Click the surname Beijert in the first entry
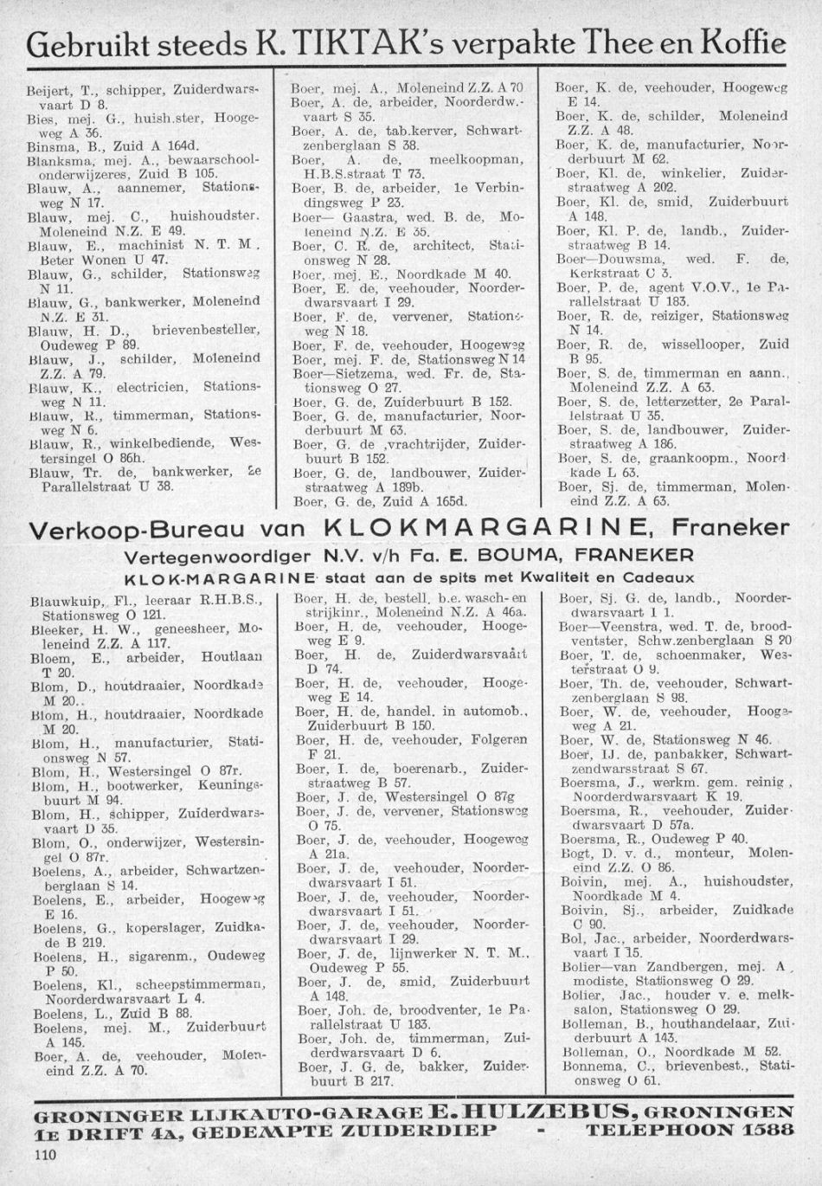(x=49, y=89)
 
